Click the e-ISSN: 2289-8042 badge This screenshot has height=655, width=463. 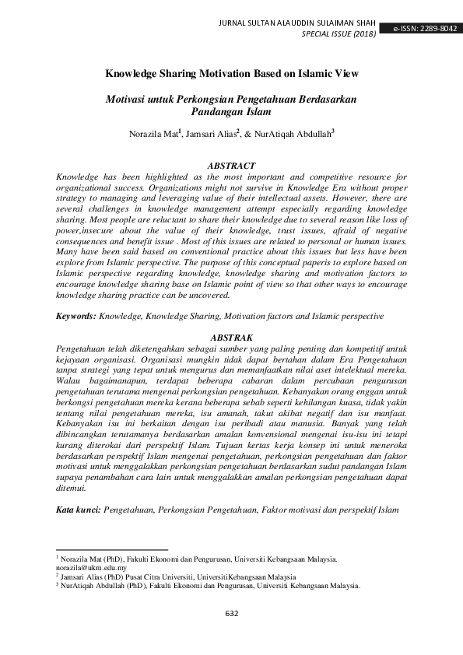coord(425,28)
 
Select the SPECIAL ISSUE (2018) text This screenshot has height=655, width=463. coord(338,34)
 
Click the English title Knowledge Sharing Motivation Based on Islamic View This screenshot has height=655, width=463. coord(231,75)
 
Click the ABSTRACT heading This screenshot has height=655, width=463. coord(231,166)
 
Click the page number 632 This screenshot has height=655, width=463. coord(231,614)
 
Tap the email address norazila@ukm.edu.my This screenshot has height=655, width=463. coord(93,568)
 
